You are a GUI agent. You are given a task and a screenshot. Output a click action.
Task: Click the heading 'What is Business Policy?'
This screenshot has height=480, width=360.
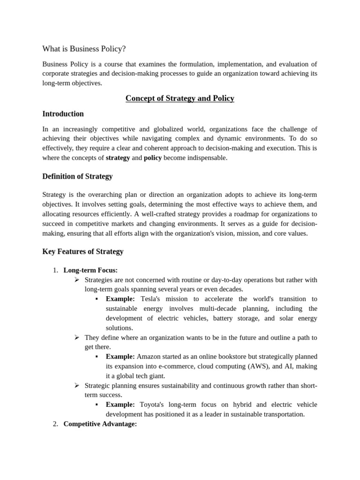(x=84, y=49)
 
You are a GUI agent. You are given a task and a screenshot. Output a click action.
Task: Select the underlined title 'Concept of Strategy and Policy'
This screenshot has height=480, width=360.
(x=180, y=98)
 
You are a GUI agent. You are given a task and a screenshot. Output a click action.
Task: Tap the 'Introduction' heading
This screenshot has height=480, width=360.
(x=63, y=114)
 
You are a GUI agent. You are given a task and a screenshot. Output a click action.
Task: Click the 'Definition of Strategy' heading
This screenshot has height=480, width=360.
(x=77, y=176)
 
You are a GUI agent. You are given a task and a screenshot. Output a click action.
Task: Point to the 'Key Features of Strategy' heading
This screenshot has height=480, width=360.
(x=82, y=251)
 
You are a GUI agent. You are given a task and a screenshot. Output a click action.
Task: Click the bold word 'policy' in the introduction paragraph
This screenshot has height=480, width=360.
(x=152, y=157)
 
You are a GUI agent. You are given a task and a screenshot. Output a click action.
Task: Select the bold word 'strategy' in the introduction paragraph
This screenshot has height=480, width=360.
(x=118, y=157)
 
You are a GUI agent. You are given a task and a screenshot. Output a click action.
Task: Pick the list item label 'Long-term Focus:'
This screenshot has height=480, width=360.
(x=90, y=270)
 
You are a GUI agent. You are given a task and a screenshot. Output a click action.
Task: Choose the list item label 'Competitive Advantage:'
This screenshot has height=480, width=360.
(x=100, y=424)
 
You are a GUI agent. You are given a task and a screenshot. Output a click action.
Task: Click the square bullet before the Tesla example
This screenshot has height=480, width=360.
(x=97, y=299)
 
